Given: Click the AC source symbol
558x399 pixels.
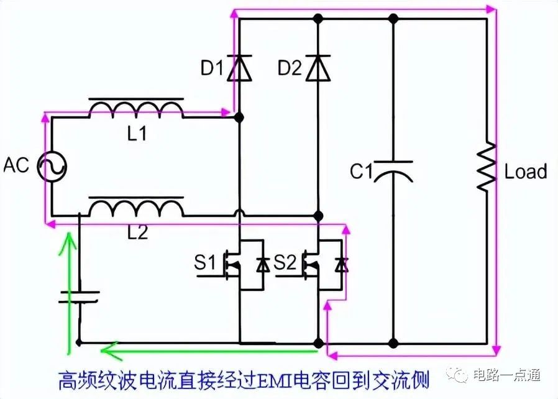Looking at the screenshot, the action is click(52, 167).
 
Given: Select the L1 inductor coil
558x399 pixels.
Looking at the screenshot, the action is click(136, 108).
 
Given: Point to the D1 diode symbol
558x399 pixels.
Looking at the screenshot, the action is click(239, 68).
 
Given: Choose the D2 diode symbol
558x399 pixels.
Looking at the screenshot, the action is click(318, 68).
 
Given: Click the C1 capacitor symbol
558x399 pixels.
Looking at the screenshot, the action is click(393, 171).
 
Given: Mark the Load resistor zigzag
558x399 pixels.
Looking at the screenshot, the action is click(487, 167).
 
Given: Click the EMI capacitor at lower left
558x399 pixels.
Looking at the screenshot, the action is click(79, 297).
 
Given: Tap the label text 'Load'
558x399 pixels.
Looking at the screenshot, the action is click(526, 172).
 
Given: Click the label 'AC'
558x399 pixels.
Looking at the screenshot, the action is click(16, 165).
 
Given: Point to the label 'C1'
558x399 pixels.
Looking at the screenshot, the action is click(361, 171).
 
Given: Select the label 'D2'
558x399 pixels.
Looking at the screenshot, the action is click(290, 68).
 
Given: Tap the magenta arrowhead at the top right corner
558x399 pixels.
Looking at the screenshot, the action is click(491, 9).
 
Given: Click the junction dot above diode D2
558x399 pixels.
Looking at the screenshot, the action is click(318, 19).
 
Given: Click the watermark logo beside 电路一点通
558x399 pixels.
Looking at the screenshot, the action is click(457, 374).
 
